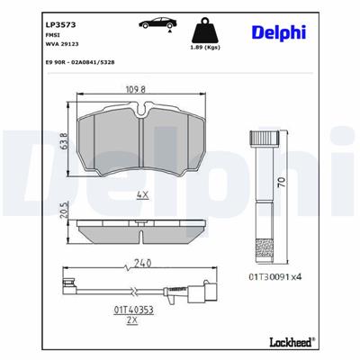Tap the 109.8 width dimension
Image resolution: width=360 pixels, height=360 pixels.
pyautogui.click(x=133, y=90)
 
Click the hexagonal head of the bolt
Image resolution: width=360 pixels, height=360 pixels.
pyautogui.click(x=267, y=139)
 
